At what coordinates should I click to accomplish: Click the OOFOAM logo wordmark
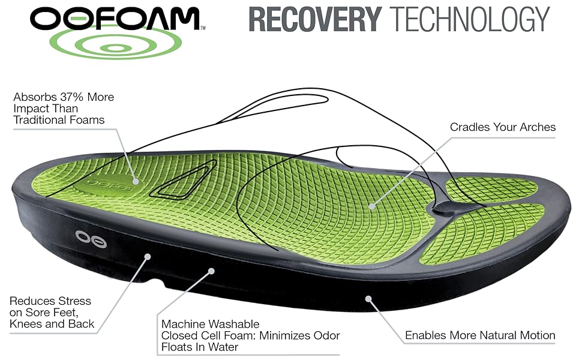click(114, 19)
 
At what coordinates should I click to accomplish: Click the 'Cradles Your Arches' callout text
click(503, 127)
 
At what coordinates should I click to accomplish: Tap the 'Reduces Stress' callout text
click(50, 301)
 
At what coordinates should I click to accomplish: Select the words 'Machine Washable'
click(209, 323)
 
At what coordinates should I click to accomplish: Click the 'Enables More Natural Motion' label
click(480, 335)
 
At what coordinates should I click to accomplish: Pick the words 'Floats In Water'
click(200, 347)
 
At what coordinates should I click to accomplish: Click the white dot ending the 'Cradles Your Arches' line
click(372, 206)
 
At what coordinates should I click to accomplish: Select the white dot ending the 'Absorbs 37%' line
click(136, 181)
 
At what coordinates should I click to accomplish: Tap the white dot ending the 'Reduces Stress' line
click(148, 257)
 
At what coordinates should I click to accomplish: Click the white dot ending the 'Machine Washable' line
click(211, 271)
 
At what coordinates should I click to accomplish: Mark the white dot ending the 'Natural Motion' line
click(368, 297)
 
